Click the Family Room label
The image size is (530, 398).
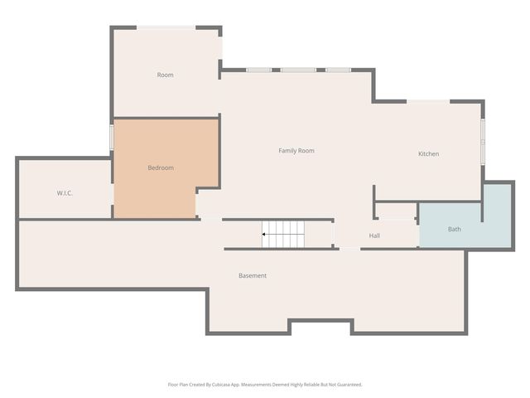pos(296,151)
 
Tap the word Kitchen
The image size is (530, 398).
pos(429,153)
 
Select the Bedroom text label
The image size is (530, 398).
pos(161,167)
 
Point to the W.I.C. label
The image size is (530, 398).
pos(65,193)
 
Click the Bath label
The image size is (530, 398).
pos(455,229)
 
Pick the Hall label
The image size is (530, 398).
pos(374,235)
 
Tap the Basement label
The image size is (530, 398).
pos(253,275)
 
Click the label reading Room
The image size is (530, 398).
pos(166,75)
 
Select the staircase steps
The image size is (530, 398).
pos(283,234)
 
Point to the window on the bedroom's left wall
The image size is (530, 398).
pos(111,137)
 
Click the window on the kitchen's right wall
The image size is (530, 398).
pos(483,142)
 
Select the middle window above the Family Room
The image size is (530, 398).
pos(298,70)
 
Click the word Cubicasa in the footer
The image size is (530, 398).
pos(221,385)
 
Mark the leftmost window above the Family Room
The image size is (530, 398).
pos(258,70)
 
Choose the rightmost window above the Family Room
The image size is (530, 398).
pos(339,70)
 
